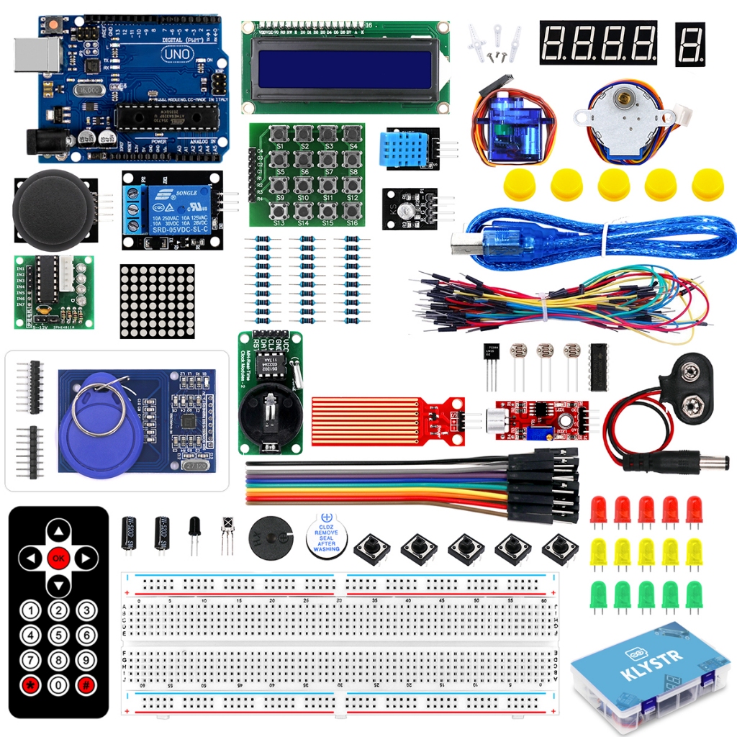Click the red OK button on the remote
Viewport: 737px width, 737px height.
point(58,557)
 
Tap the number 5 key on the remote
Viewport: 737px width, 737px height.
point(58,636)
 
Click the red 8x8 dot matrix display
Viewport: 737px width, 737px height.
point(157,301)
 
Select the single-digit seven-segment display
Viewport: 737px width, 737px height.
point(689,43)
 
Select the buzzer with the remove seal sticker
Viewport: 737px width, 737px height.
point(325,538)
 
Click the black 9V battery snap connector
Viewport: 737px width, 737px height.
point(688,381)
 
